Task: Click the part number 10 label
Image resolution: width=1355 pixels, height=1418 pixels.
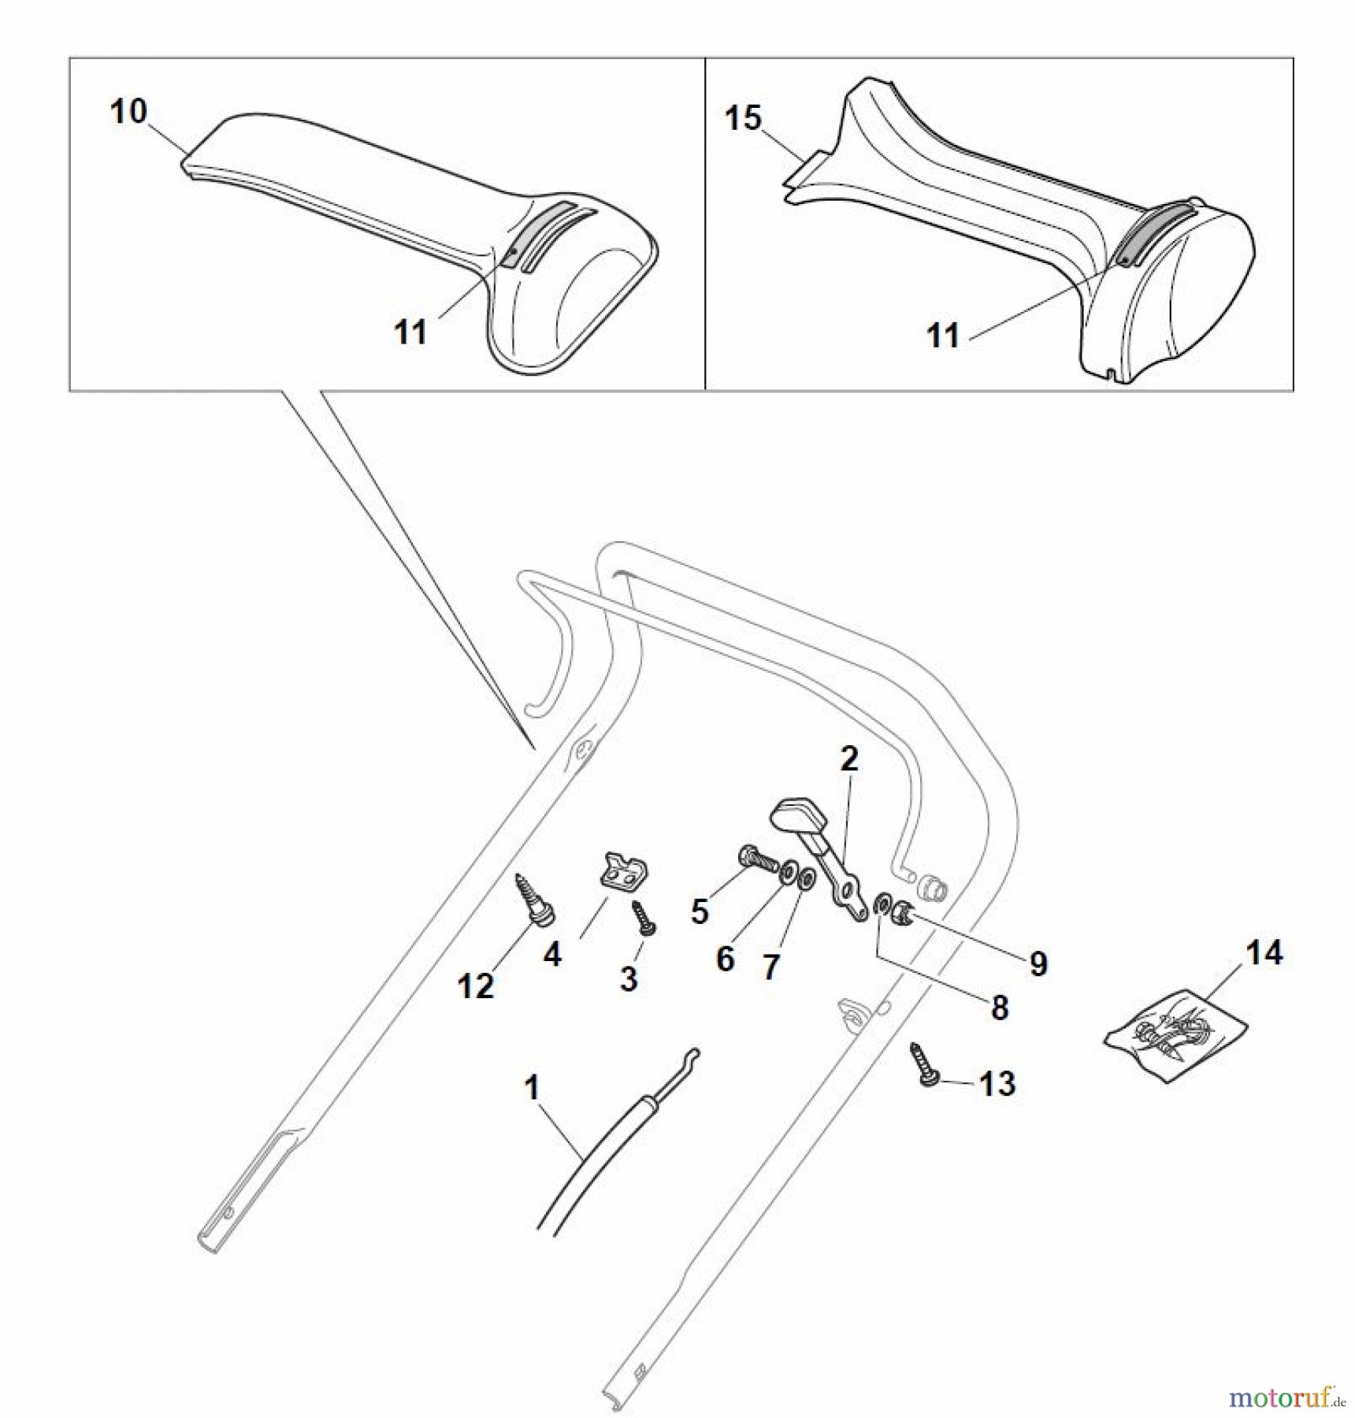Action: (128, 111)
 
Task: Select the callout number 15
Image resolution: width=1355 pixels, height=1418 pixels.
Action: (743, 118)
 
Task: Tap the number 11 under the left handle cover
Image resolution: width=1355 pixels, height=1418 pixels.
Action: (410, 332)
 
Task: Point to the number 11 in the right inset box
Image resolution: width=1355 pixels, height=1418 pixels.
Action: (943, 336)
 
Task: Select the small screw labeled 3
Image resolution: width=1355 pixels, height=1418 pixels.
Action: (644, 919)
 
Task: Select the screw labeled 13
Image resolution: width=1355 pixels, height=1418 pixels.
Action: (923, 1064)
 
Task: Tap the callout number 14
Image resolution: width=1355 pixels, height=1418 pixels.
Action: (1264, 952)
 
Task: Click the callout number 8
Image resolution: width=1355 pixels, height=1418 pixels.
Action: (1000, 1007)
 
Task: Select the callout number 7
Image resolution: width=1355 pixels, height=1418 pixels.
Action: (771, 966)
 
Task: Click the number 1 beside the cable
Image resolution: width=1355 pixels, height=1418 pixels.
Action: (532, 1088)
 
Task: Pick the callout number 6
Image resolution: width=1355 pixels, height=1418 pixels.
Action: (726, 959)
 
